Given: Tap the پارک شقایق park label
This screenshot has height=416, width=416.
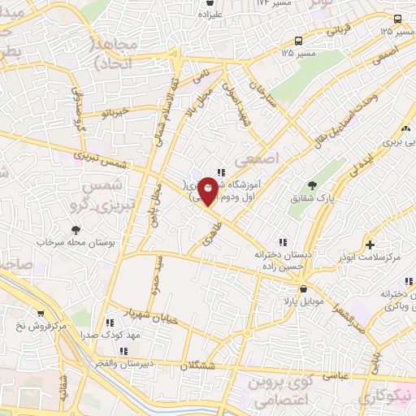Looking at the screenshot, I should coord(307,197).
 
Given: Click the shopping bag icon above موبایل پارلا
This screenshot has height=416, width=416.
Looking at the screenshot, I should coord(303,288).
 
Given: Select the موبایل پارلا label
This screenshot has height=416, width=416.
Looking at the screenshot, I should coord(303,301).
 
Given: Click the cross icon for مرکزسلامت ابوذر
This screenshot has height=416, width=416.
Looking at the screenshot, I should coord(370,244).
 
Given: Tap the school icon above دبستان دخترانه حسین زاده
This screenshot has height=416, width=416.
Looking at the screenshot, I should coord(282,241).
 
